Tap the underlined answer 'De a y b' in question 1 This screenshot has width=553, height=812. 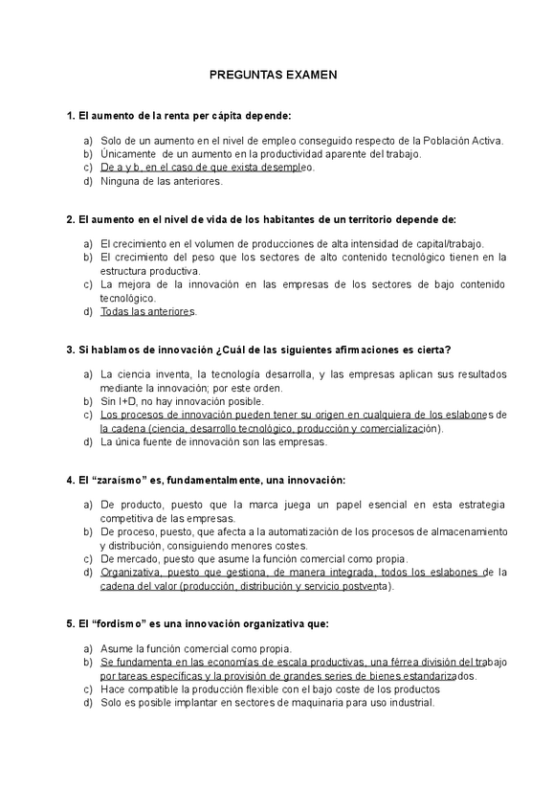tap(123, 167)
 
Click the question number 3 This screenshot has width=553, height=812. tap(70, 349)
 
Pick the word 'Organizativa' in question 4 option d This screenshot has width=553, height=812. tap(134, 572)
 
